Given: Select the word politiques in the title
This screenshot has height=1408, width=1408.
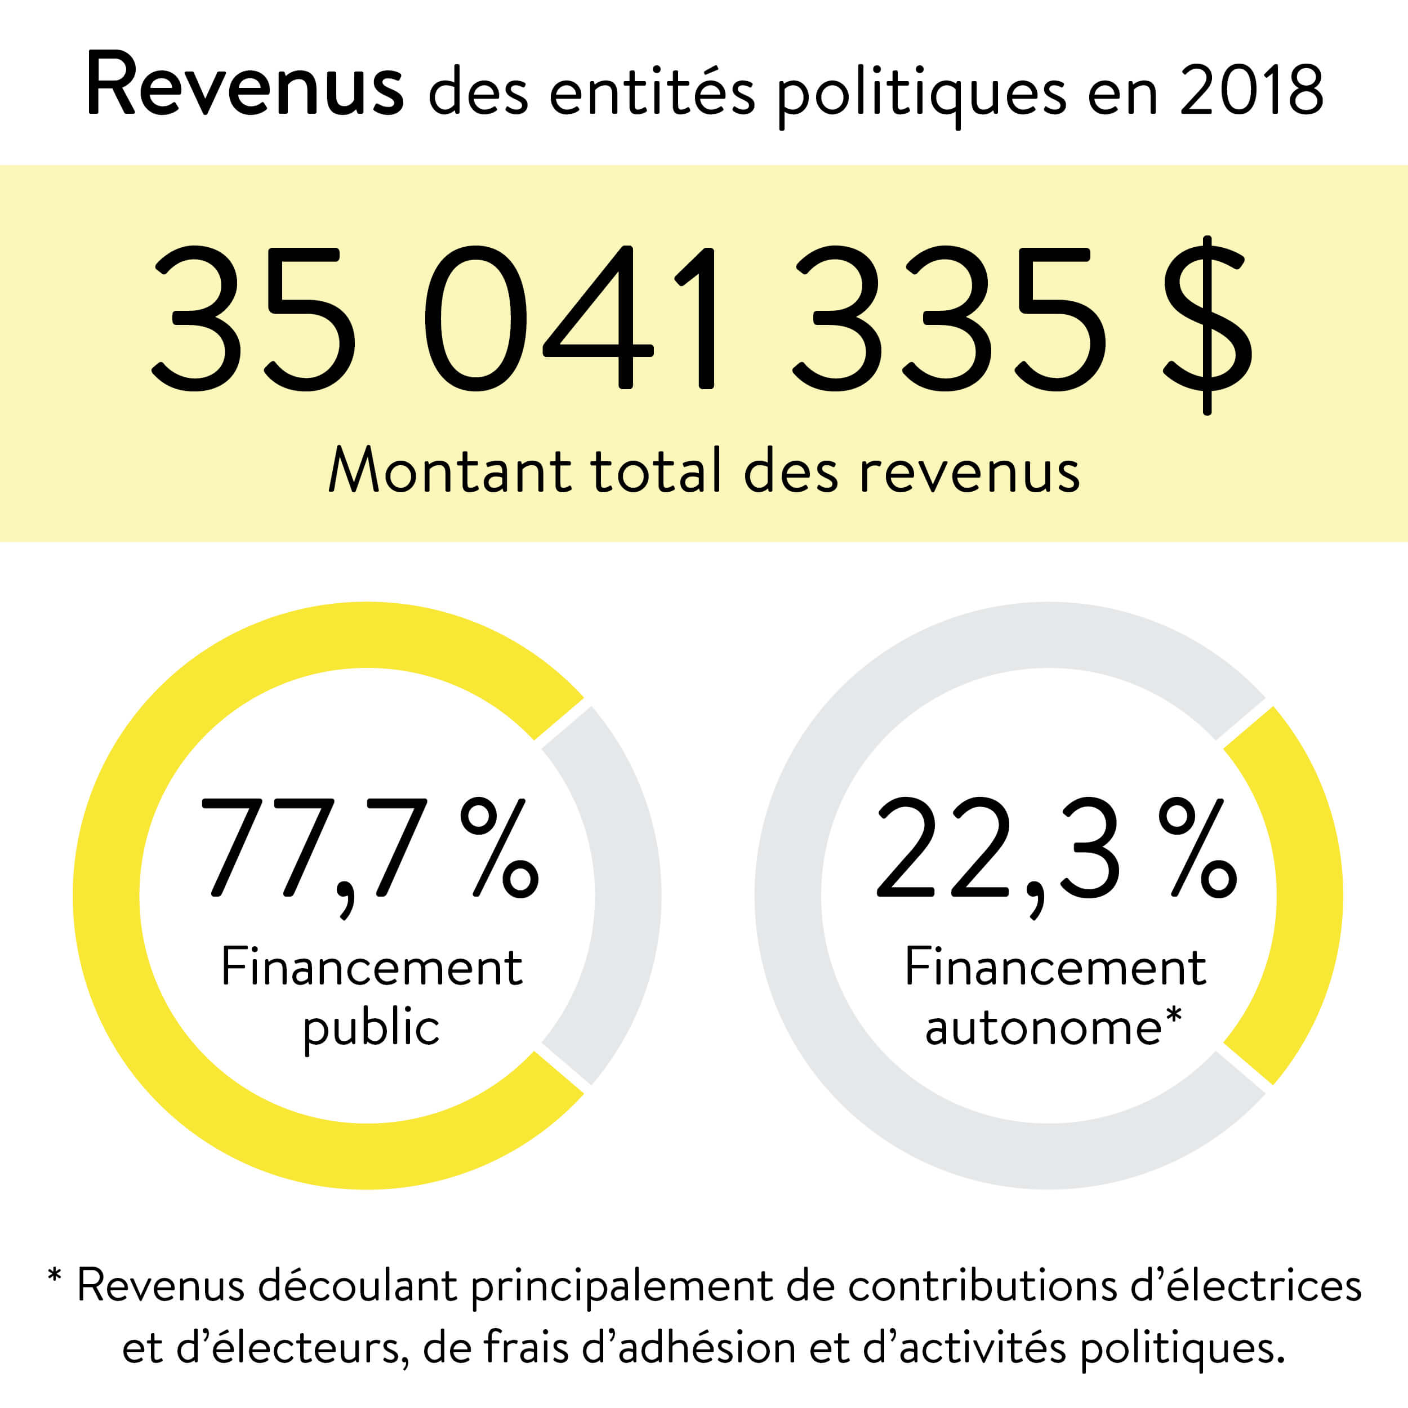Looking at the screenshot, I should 920,93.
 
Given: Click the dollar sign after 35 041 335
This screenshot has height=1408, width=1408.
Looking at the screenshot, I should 1206,324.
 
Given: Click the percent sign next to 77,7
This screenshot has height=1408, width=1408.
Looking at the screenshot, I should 500,847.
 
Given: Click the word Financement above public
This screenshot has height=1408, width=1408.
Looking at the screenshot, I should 372,968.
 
